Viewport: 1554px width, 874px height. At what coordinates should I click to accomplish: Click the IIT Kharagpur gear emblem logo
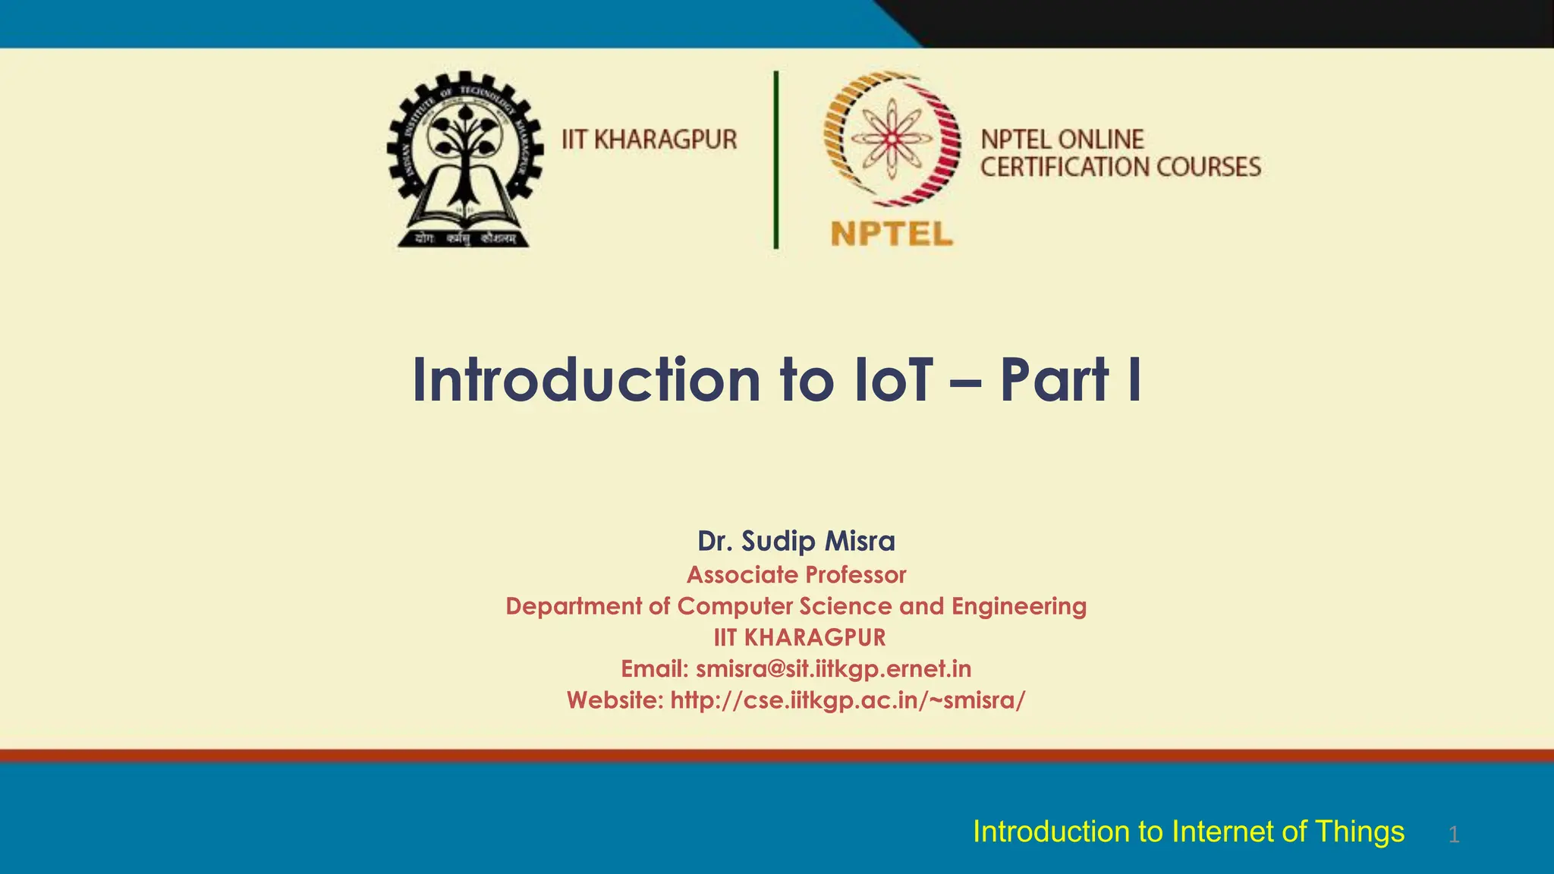pos(464,159)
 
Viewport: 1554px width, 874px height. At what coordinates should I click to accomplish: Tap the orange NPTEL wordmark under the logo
pos(892,234)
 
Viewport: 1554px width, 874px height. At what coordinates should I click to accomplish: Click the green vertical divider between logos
pos(775,159)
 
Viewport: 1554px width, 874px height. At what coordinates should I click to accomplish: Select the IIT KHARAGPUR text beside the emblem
pos(649,140)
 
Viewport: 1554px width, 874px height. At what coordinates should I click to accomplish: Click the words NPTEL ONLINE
pos(1062,140)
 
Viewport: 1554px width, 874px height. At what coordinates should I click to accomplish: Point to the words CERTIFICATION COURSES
pos(1120,167)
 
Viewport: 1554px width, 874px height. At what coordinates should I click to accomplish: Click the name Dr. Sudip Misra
pos(796,541)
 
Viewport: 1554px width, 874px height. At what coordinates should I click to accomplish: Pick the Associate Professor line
pos(796,575)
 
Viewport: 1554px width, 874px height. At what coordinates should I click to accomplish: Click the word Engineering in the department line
pos(1018,606)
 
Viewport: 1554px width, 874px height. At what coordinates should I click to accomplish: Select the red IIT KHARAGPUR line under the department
pos(799,637)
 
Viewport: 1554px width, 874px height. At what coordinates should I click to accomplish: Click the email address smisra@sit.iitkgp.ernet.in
pos(833,668)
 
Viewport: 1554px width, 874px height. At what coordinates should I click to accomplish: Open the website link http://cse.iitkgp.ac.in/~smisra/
pos(847,700)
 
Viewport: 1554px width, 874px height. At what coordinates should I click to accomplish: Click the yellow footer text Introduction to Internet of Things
pos(1188,832)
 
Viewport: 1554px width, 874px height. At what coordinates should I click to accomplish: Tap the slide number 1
pos(1453,835)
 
